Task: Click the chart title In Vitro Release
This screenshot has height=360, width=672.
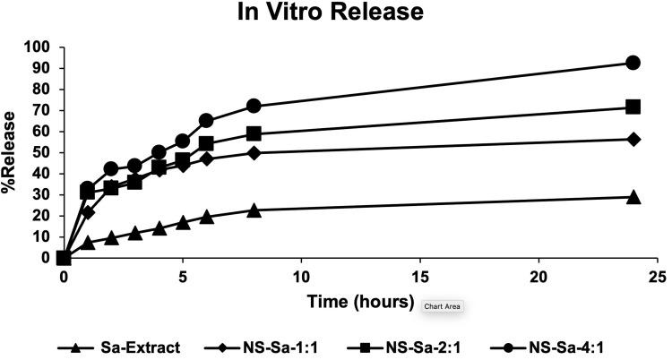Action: pos(336,13)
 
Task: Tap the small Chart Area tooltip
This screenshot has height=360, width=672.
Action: pos(443,306)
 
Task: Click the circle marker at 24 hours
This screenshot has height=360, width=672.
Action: pos(633,63)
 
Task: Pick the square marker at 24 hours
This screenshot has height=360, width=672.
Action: pos(633,107)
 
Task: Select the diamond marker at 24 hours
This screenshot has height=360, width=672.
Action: pos(633,139)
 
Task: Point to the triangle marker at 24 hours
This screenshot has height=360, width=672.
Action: pos(633,197)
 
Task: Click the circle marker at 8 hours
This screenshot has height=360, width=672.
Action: pos(254,106)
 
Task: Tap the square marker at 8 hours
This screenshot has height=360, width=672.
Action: pos(254,133)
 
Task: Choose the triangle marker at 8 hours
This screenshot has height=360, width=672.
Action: pos(254,210)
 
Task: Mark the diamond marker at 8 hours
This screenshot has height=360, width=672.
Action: pos(254,153)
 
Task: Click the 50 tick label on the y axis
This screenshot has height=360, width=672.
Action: pos(42,153)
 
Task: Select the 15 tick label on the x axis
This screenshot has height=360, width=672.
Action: pos(420,277)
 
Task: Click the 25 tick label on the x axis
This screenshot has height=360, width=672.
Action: pos(658,277)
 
